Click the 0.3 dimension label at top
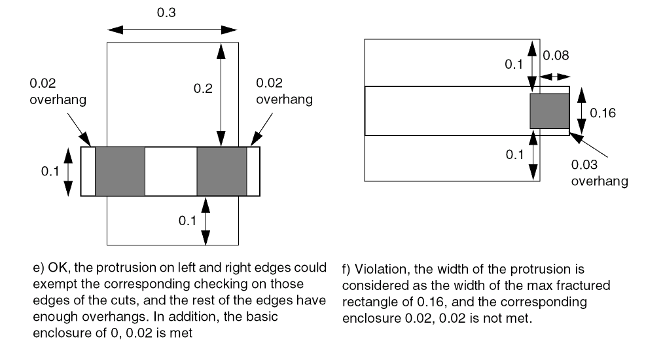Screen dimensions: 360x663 [166, 12]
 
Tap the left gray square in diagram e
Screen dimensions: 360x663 [120, 171]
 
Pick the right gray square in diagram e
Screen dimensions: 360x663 [221, 171]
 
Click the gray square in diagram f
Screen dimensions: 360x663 [549, 111]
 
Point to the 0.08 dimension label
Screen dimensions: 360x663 [556, 56]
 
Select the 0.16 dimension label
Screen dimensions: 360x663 [603, 113]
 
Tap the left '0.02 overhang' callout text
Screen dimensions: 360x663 [58, 92]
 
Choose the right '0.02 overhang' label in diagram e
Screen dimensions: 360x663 [284, 92]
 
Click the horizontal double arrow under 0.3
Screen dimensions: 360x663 [173, 29]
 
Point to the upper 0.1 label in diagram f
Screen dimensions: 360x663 [514, 64]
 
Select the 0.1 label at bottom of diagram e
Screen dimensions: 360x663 [188, 221]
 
